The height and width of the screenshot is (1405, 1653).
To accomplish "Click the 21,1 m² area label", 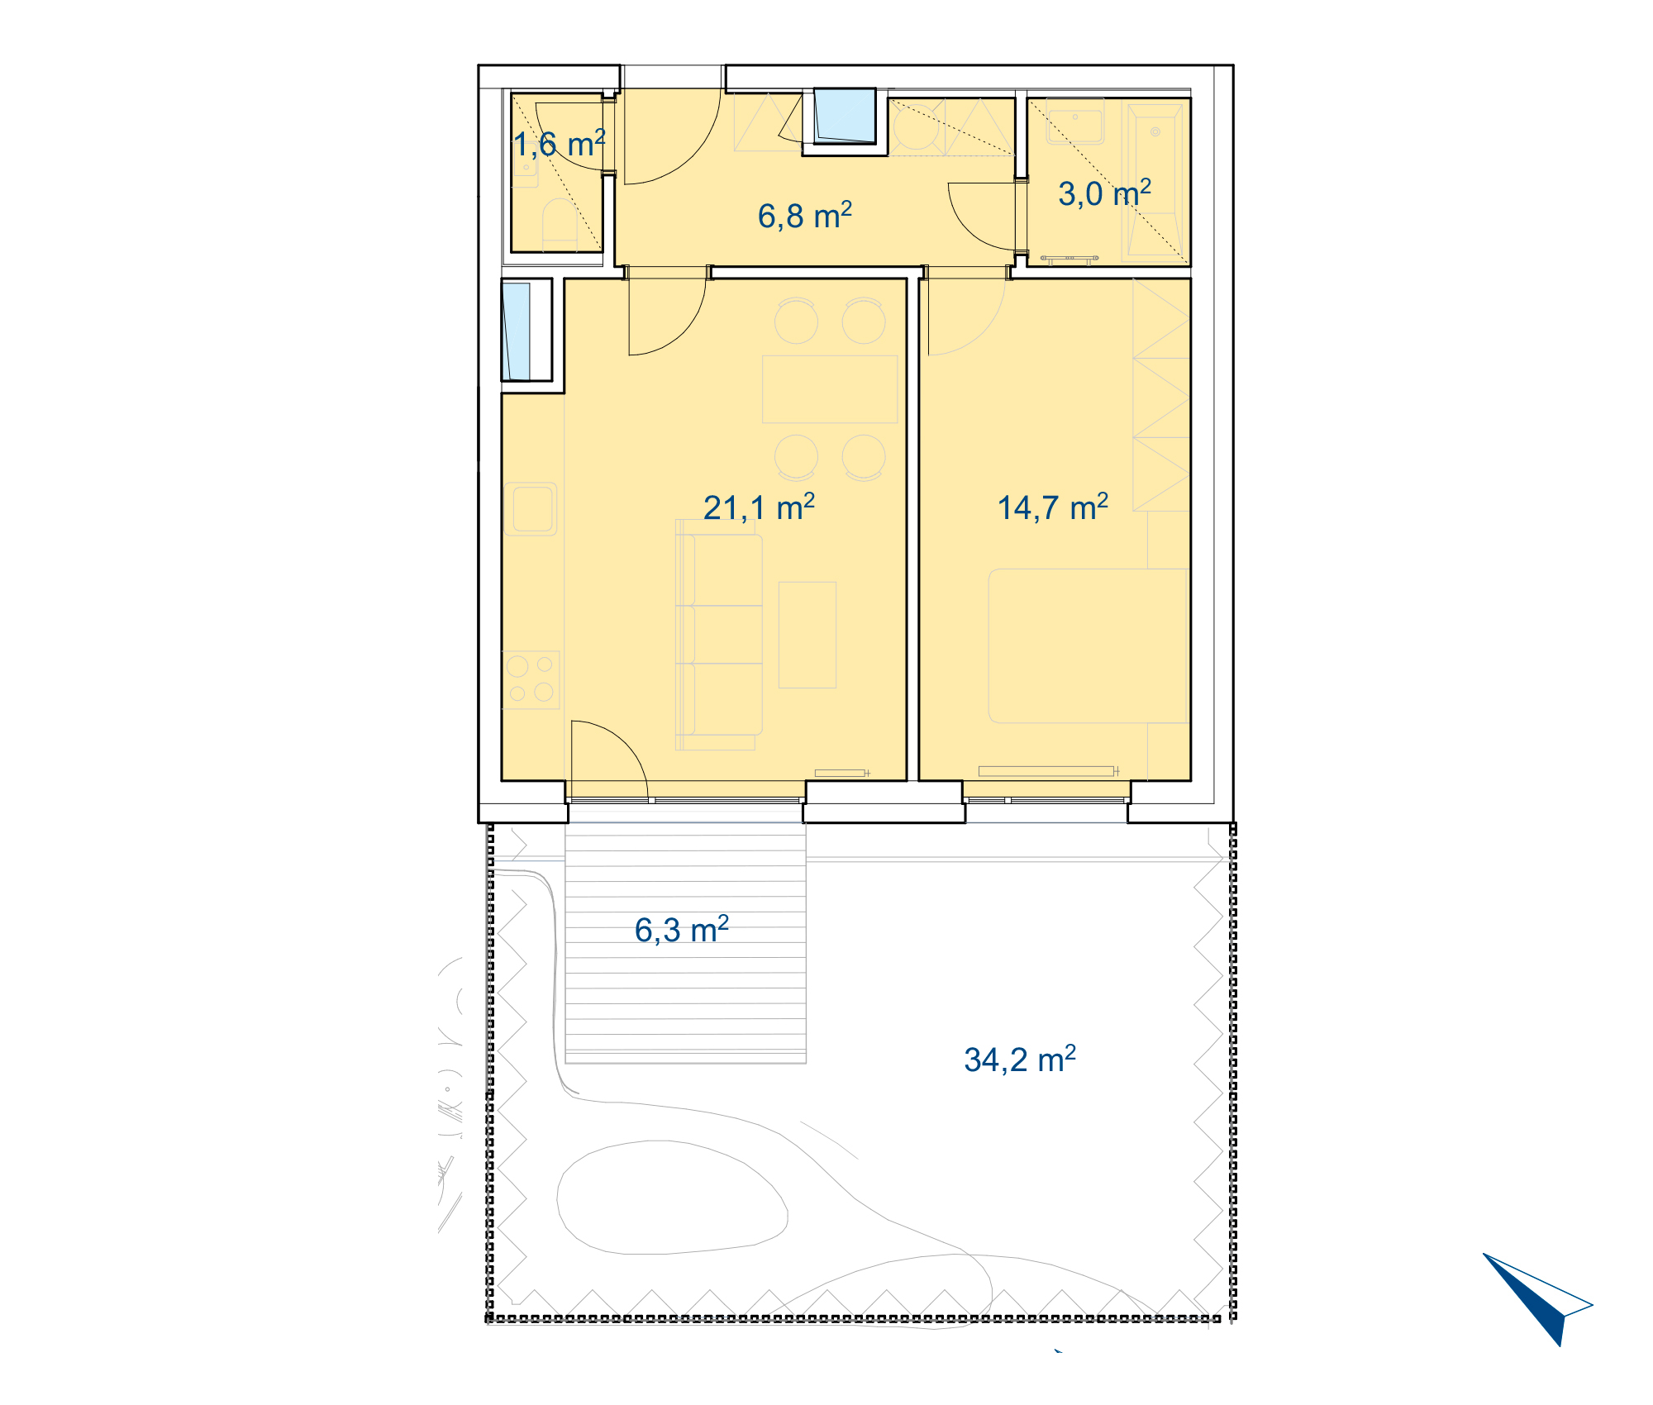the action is pyautogui.click(x=759, y=507).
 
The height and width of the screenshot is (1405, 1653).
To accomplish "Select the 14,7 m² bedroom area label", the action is pyautogui.click(x=1053, y=507).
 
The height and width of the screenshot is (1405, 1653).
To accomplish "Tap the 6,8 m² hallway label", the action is pyautogui.click(x=805, y=216).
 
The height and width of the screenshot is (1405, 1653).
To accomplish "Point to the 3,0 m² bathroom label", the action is pyautogui.click(x=1104, y=193).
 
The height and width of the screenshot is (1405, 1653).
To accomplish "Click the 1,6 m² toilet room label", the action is pyautogui.click(x=560, y=144).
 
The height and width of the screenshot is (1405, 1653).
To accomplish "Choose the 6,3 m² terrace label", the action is pyautogui.click(x=682, y=930).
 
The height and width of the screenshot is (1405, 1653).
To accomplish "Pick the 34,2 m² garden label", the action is pyautogui.click(x=1020, y=1060).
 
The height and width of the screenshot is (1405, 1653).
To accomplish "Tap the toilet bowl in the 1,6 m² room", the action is pyautogui.click(x=560, y=224).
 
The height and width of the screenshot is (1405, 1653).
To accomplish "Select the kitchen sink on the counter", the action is pyautogui.click(x=531, y=508).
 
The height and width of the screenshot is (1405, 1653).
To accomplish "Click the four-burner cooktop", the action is pyautogui.click(x=531, y=679).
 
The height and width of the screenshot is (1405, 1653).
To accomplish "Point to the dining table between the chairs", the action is pyautogui.click(x=830, y=389).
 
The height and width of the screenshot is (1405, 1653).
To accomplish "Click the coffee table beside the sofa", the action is pyautogui.click(x=807, y=635).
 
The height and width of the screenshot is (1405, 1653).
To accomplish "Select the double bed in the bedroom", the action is pyautogui.click(x=1089, y=645).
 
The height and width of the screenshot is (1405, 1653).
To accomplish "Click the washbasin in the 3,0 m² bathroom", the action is pyautogui.click(x=1075, y=121).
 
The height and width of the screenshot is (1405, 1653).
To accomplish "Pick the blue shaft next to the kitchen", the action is pyautogui.click(x=517, y=331).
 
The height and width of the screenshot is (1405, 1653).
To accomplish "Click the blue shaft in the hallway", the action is pyautogui.click(x=845, y=116).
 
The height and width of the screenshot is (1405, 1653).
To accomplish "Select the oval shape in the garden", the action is pyautogui.click(x=671, y=1198).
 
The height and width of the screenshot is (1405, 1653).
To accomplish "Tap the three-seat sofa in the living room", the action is pyautogui.click(x=719, y=635).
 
